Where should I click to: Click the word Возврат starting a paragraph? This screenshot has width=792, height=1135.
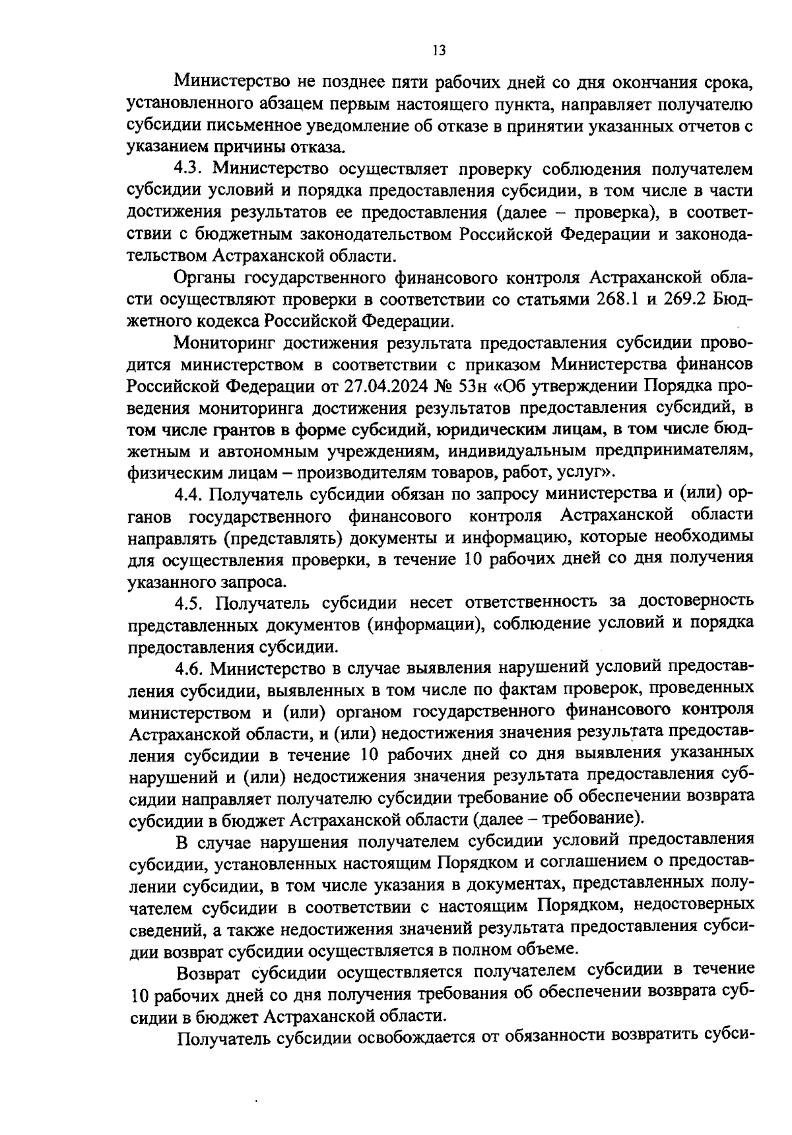(210, 971)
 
